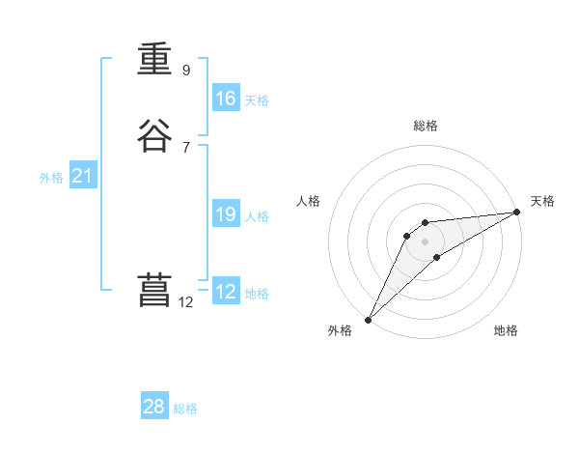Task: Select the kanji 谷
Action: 154,135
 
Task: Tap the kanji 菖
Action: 154,291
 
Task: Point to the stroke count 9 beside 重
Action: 186,70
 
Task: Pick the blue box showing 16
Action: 226,99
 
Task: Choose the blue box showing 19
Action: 226,214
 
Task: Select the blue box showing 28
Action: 154,407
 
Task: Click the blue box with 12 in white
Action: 226,292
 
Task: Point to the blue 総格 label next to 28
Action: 185,409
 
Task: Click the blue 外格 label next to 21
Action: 51,178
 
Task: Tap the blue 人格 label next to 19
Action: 258,216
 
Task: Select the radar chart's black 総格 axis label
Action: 426,126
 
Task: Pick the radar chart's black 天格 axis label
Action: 542,201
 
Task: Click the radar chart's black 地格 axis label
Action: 506,330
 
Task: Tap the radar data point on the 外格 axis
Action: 368,319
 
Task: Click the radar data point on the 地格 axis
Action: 437,257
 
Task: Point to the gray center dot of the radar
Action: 426,241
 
